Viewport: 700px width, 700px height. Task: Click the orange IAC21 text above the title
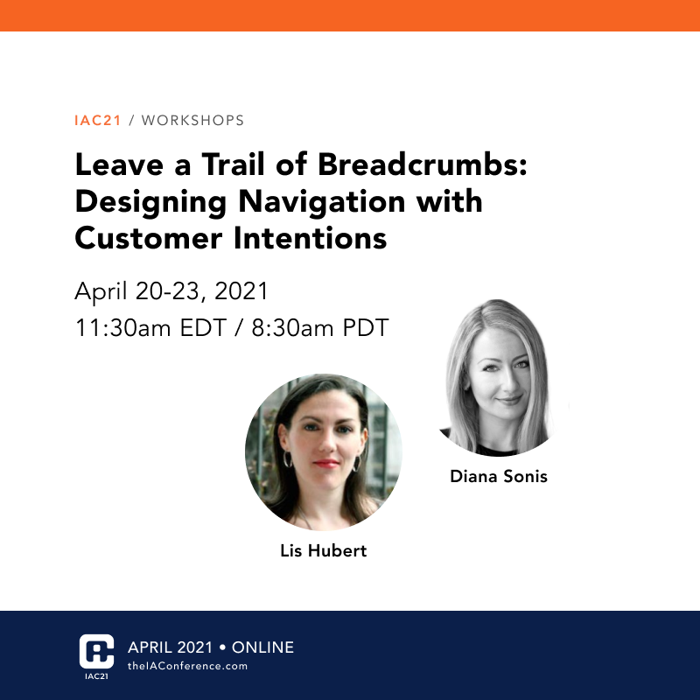[x=97, y=120]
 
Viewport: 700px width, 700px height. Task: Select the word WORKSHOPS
[x=192, y=120]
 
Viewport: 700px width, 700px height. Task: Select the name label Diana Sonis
[x=499, y=477]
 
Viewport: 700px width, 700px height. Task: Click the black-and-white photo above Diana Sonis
[x=499, y=381]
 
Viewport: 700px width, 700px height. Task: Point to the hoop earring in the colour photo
[x=286, y=458]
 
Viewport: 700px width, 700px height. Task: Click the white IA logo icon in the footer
[x=97, y=651]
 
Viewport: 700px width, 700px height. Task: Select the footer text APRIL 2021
[x=170, y=647]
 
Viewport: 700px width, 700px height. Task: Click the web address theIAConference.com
[x=187, y=666]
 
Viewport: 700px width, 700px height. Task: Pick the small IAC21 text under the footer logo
[x=97, y=676]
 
